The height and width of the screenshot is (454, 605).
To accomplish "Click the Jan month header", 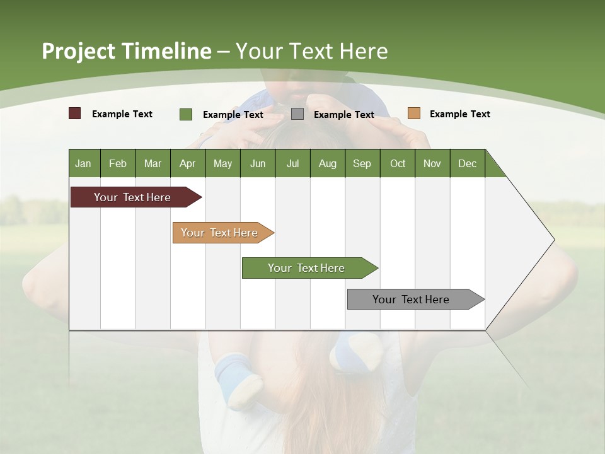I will point(83,163).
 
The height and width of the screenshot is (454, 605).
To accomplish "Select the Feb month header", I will point(118,163).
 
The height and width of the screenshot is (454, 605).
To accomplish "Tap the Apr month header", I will point(187,163).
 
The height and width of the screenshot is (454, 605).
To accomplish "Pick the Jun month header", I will point(257,163).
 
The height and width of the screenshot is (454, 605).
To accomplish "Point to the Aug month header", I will point(327,163).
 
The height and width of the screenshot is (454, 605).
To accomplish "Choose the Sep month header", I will point(362,163).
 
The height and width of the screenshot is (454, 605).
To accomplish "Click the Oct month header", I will point(398,163).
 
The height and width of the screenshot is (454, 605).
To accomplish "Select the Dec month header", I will point(467,163).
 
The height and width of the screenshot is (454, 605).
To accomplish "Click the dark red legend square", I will point(75,113).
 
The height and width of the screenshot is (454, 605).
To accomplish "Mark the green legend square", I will point(186,114).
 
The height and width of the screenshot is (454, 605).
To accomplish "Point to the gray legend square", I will point(297,114).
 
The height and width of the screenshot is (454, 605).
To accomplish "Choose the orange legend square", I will point(413,113).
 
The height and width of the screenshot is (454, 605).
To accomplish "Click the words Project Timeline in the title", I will point(127,51).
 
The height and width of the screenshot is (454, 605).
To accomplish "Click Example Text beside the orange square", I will point(459,113).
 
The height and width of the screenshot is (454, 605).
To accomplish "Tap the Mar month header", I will point(153,163).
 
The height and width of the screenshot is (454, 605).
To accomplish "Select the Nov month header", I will point(432,163).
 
